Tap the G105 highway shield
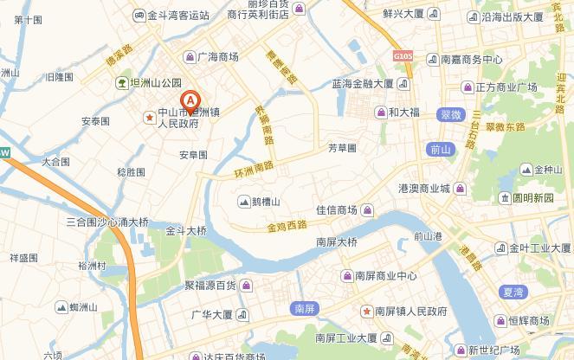[x=403, y=56]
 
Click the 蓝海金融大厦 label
[x=364, y=85]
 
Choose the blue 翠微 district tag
[x=450, y=114]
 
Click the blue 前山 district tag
[x=440, y=149]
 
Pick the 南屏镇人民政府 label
[x=404, y=311]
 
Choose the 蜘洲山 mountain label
[x=77, y=307]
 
